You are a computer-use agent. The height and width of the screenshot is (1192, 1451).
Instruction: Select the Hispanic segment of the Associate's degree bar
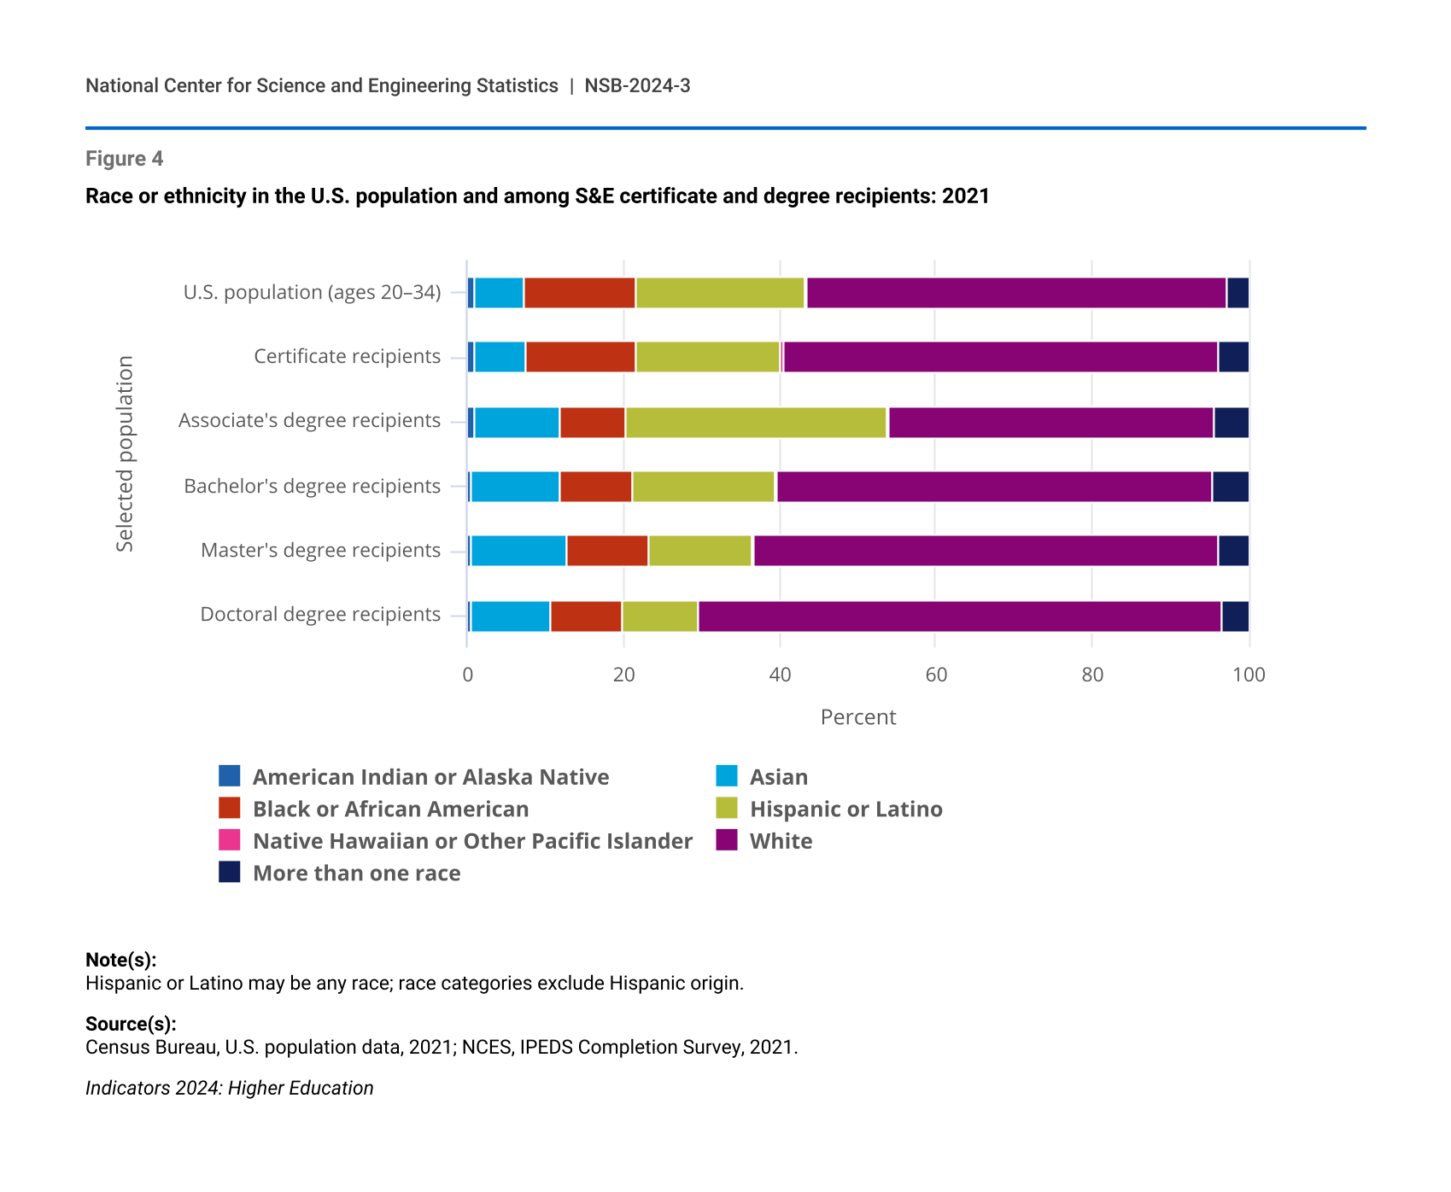pos(756,423)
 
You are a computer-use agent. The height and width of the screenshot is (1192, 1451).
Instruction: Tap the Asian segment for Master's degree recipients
pos(518,551)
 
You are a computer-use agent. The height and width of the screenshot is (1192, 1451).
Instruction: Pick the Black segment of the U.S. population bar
pos(579,293)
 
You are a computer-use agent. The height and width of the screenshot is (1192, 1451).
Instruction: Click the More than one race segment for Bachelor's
pos(1230,487)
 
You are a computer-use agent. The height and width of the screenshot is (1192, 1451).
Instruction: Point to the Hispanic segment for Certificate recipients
pos(707,357)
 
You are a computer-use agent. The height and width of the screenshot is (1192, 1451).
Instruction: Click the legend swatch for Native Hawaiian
pos(230,840)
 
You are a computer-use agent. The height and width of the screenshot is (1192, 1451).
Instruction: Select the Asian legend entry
pos(778,777)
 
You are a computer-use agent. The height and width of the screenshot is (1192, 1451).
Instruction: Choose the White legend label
pos(781,841)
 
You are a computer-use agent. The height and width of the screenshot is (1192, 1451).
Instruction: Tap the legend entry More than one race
pos(356,873)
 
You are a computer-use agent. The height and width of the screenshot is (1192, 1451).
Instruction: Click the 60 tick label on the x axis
pos(936,675)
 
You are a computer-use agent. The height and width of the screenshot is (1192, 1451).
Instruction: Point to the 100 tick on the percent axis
pos(1249,675)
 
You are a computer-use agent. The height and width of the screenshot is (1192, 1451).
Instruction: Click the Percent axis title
pos(857,717)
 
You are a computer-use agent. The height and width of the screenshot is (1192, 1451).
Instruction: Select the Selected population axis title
pos(126,454)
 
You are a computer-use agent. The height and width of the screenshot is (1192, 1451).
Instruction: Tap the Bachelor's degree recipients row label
pos(313,487)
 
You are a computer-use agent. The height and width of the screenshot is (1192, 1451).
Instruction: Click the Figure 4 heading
pos(124,159)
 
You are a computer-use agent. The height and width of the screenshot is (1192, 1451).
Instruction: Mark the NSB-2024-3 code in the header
pos(637,85)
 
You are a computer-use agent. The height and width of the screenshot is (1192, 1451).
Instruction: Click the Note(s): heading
pos(120,959)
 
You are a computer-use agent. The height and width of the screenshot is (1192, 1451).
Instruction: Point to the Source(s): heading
pos(131,1023)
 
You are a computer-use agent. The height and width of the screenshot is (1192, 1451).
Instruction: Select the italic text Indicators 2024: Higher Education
pos(229,1088)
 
